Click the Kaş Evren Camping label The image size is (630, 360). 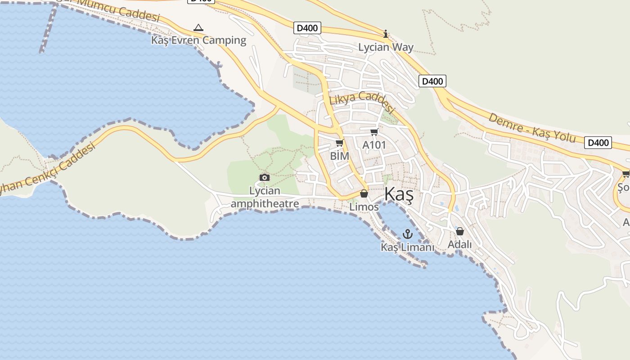198,40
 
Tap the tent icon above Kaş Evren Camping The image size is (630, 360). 198,28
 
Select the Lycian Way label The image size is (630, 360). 386,47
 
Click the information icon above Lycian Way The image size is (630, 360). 386,34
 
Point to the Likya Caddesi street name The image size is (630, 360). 362,103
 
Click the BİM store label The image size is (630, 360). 339,156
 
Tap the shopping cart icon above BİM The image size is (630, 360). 339,143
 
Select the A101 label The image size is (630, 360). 374,145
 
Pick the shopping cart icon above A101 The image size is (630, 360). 374,132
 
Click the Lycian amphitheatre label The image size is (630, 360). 265,197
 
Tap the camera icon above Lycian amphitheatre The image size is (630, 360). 265,177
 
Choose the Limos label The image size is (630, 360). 364,207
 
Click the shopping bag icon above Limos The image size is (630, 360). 364,194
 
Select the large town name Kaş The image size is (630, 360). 399,195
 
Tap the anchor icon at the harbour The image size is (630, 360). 407,234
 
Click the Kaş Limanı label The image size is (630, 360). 407,247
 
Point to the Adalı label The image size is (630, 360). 459,244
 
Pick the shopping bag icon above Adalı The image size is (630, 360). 459,231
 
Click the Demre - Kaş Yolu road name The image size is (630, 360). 532,128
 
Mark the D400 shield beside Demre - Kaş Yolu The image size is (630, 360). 598,143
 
